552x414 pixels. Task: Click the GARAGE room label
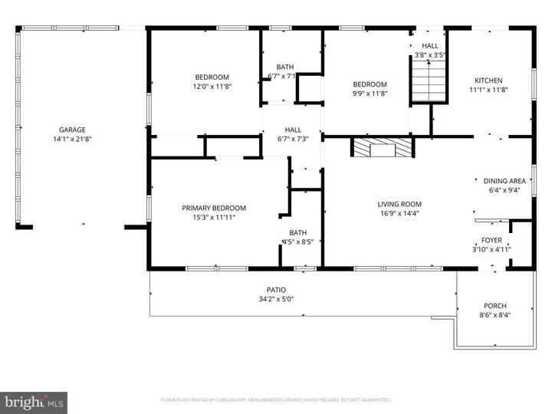(69, 130)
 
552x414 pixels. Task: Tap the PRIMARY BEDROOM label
(213, 208)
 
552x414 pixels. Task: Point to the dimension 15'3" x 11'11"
(213, 218)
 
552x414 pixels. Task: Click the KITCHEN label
(488, 80)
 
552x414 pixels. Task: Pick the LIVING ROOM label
(399, 204)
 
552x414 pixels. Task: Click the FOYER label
(491, 240)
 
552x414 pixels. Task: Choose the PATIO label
(276, 290)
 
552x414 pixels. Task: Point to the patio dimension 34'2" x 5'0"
(276, 299)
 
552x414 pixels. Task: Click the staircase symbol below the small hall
(429, 80)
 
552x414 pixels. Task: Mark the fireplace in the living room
(381, 148)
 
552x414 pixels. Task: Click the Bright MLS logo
(34, 402)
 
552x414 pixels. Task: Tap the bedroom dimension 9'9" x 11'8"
(370, 94)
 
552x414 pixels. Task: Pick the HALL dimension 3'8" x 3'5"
(430, 55)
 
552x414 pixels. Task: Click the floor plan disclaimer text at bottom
(276, 399)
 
